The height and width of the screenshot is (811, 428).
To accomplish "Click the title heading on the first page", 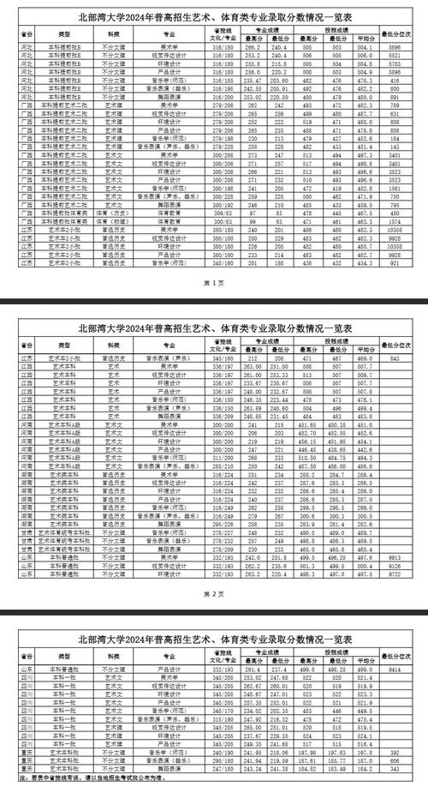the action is (213, 15).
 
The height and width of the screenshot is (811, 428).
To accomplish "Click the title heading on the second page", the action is (213, 327).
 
